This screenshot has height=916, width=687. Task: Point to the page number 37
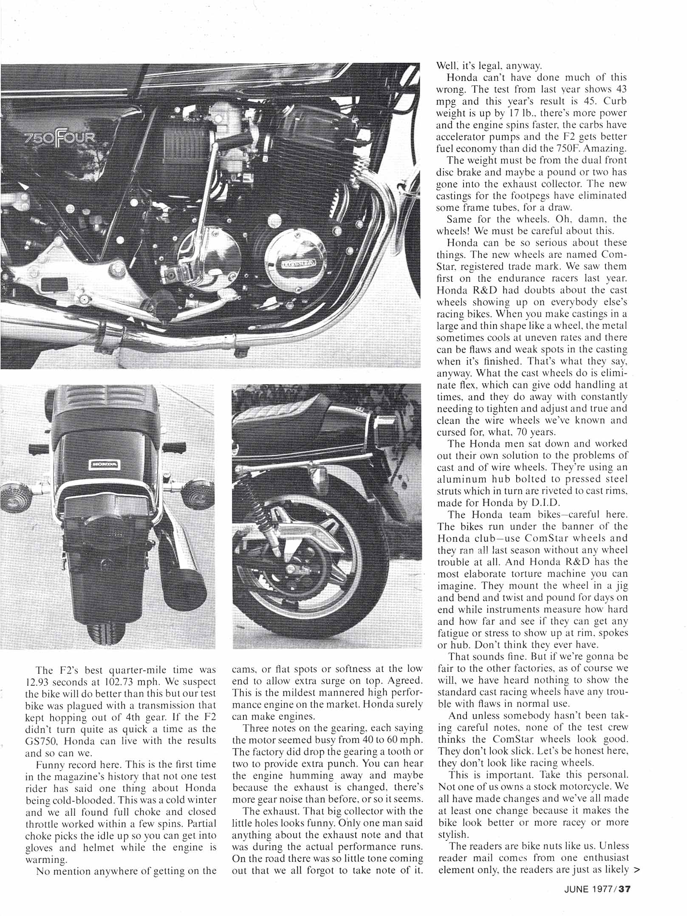624,888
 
